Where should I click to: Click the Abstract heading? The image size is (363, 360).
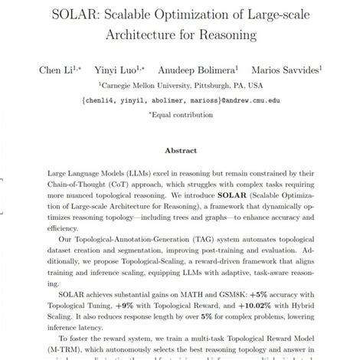[x=181, y=152]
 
